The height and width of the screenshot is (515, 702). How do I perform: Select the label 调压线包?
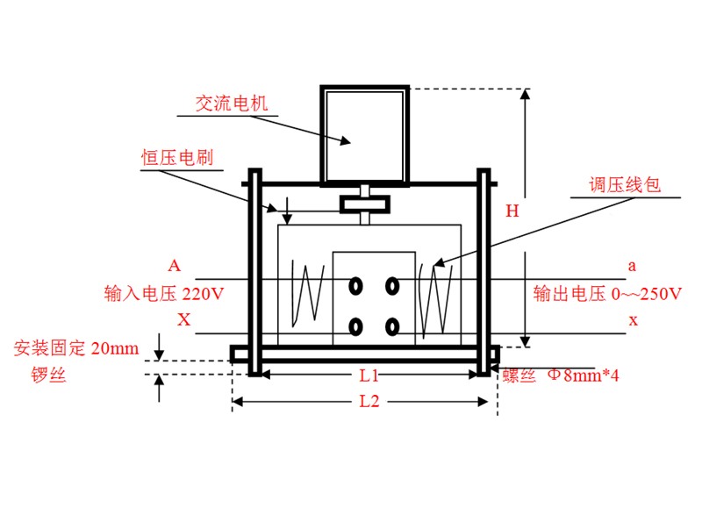coord(623,186)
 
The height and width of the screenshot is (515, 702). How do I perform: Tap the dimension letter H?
coord(512,211)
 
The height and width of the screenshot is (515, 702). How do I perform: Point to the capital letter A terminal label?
coord(175,265)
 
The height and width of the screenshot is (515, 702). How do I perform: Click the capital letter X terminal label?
coord(183,320)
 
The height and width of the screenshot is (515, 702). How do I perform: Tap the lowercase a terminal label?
coord(632,265)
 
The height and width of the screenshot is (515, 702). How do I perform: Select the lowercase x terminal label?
coord(633,320)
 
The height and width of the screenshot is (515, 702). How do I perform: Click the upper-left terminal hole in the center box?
coord(356,286)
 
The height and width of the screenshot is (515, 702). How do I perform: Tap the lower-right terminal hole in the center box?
coord(391,326)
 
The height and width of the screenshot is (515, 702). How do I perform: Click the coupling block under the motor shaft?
coord(365,204)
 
